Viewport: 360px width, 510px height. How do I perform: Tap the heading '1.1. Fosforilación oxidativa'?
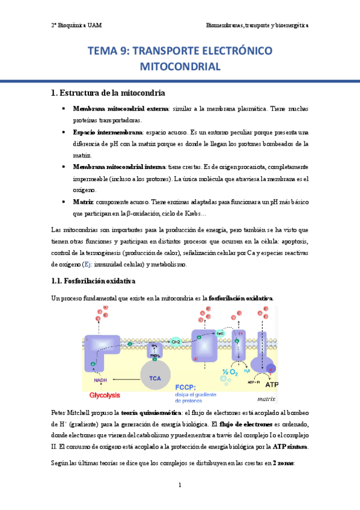tap(93, 281)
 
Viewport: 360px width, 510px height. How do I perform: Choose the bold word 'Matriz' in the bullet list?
tap(83, 202)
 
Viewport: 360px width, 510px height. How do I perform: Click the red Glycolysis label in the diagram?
tap(105, 395)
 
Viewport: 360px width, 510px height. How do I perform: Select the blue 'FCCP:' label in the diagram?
tap(188, 388)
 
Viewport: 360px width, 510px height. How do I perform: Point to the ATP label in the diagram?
tap(272, 384)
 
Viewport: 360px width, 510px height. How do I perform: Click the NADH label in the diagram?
tap(100, 380)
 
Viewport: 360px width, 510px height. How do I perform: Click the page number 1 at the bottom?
tap(180, 485)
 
